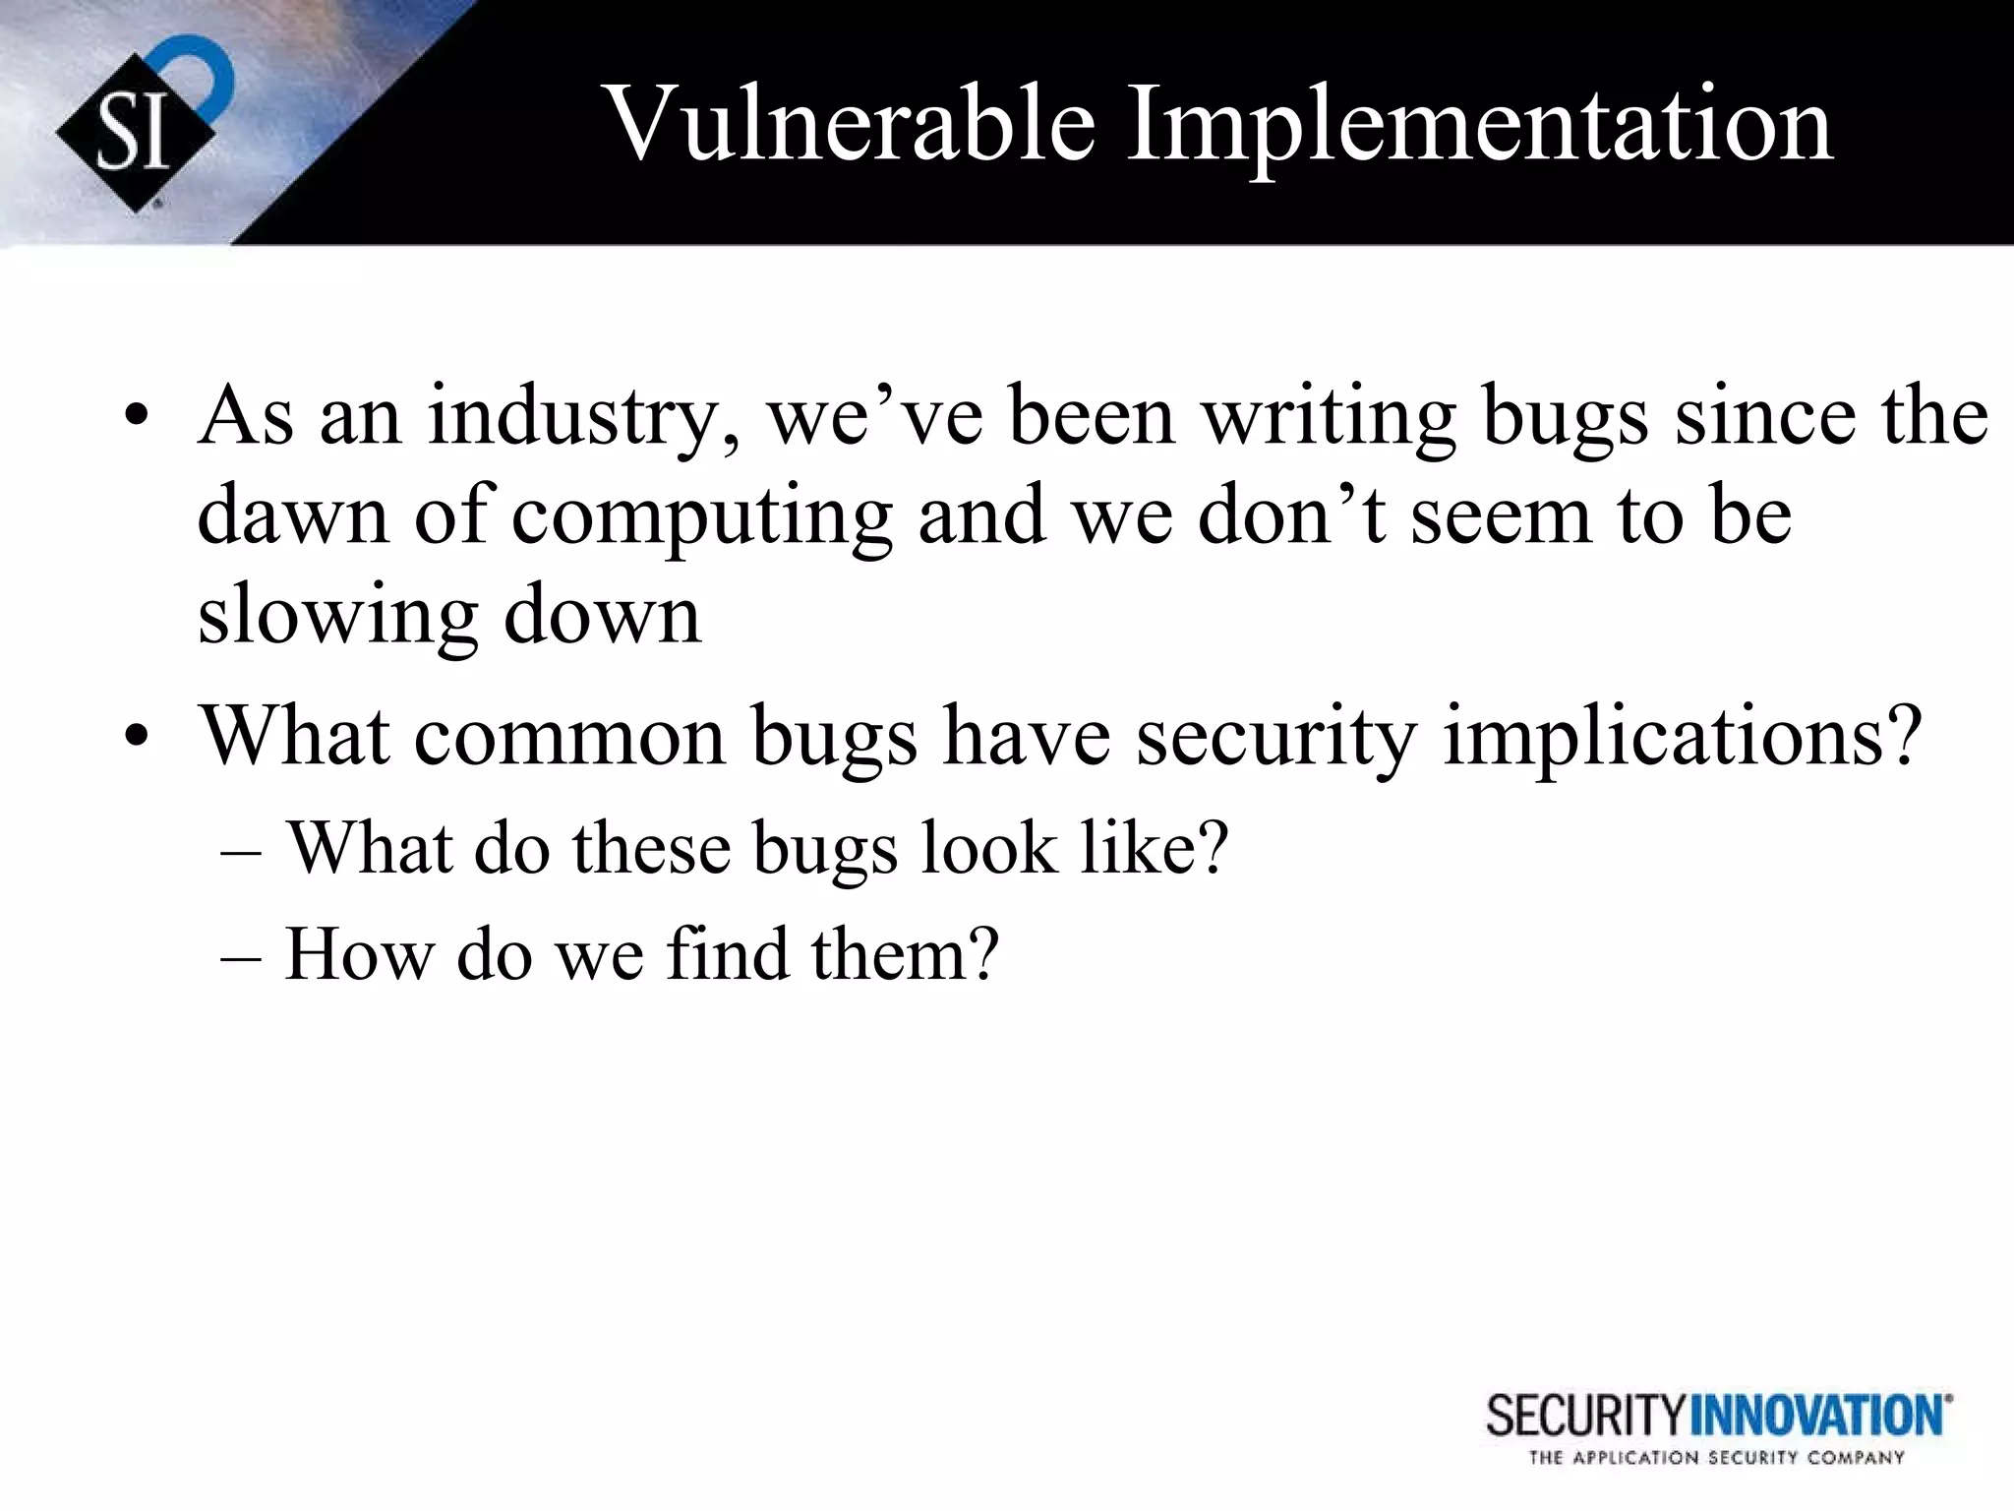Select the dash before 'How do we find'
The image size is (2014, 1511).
pyautogui.click(x=242, y=956)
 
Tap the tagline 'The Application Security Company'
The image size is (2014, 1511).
pyautogui.click(x=1716, y=1458)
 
